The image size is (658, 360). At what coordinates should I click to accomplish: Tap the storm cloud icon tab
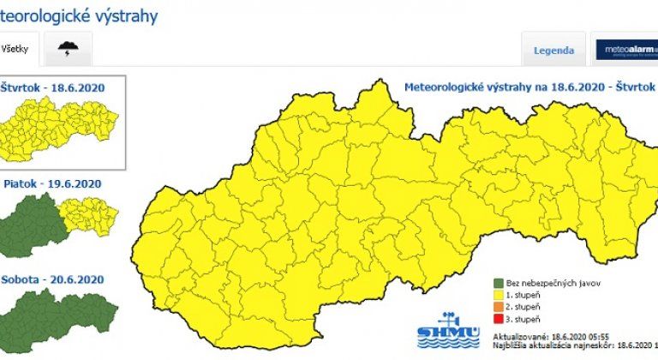point(66,50)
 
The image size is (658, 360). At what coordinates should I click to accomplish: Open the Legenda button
point(553,50)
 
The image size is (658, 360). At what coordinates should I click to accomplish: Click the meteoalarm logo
point(626,50)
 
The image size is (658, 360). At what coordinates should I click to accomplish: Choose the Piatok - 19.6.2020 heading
point(53,183)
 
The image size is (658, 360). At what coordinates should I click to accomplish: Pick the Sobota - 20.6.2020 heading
point(53,279)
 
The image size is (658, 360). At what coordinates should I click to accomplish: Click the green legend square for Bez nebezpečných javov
point(498,283)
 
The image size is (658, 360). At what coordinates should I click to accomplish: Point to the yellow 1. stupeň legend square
point(498,294)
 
